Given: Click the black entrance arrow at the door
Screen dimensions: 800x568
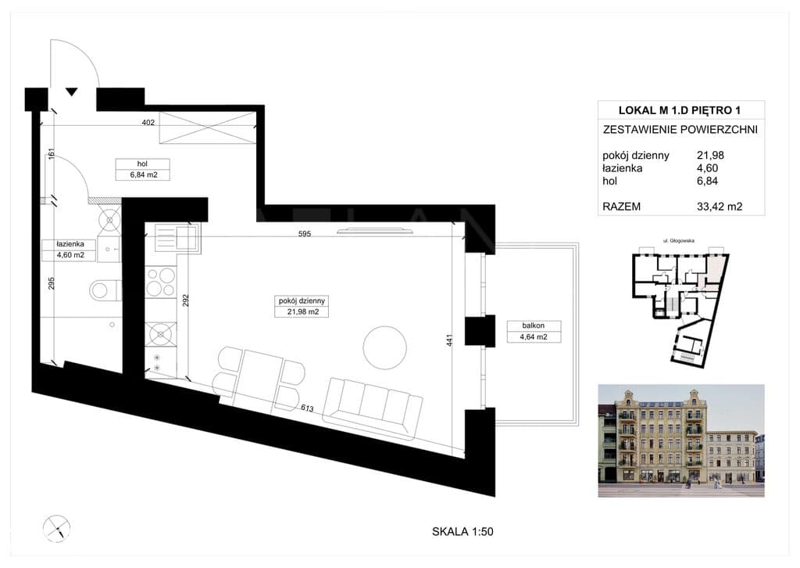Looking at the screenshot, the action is [x=71, y=92].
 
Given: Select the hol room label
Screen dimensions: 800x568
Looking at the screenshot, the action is [x=142, y=164].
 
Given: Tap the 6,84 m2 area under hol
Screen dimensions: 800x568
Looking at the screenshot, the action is [x=144, y=174].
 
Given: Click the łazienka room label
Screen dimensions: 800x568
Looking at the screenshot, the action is [x=70, y=244].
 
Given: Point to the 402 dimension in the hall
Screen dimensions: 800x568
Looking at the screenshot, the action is [x=148, y=123].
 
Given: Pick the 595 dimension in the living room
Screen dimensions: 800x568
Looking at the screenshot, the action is [x=304, y=234].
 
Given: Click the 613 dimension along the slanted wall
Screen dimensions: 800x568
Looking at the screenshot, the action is [x=307, y=408].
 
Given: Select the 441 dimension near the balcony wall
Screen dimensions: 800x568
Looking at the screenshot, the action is [x=449, y=340].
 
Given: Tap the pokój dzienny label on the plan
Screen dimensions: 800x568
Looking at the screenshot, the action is [x=302, y=301].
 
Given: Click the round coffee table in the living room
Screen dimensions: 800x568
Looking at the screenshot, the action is [x=384, y=347].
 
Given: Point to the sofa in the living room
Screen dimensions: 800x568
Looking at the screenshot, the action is [x=373, y=408].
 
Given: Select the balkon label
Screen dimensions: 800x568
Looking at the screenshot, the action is [x=533, y=325].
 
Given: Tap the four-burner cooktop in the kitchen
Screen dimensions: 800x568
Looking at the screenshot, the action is [x=160, y=282].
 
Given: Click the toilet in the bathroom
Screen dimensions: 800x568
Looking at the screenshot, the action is [x=105, y=290].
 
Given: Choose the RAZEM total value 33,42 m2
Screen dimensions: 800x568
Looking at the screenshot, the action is [x=720, y=207].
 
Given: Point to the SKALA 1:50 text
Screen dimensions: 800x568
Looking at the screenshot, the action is [x=462, y=532].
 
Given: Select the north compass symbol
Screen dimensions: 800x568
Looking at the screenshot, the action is [x=56, y=528].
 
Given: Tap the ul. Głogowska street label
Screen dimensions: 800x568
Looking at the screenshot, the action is [x=679, y=241].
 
